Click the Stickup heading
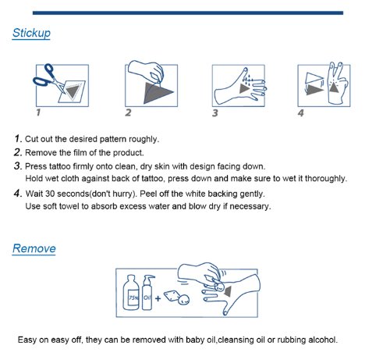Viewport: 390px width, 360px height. (x=31, y=34)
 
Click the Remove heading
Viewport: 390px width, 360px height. (x=34, y=248)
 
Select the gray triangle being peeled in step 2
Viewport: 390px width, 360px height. (x=158, y=92)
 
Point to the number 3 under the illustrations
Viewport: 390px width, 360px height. (x=215, y=113)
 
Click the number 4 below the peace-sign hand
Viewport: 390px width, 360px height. (x=300, y=113)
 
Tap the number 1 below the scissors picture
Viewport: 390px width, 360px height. (x=38, y=112)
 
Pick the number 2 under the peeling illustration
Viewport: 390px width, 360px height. (x=128, y=112)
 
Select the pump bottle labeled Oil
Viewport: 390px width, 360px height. (x=147, y=293)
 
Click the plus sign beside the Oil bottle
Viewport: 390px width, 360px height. (x=158, y=298)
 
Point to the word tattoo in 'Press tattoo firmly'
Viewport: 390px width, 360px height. (x=60, y=166)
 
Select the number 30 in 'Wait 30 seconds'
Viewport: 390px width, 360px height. (x=50, y=194)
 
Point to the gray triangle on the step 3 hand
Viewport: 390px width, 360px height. (x=244, y=88)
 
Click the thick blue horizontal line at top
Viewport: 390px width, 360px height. (x=188, y=13)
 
